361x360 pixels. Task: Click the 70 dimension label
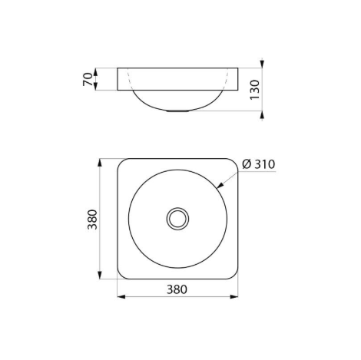tap(88, 79)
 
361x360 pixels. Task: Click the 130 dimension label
tap(255, 90)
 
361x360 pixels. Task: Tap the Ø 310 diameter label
tap(259, 164)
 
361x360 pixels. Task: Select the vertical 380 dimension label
tap(92, 220)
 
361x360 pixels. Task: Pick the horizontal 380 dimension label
tap(177, 289)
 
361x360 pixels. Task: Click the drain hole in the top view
tap(177, 219)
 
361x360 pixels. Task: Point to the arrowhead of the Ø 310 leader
tap(220, 186)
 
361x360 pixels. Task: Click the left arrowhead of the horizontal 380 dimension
tap(121, 297)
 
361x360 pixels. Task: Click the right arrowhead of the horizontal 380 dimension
tap(234, 297)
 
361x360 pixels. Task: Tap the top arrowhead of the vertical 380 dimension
tap(100, 163)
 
